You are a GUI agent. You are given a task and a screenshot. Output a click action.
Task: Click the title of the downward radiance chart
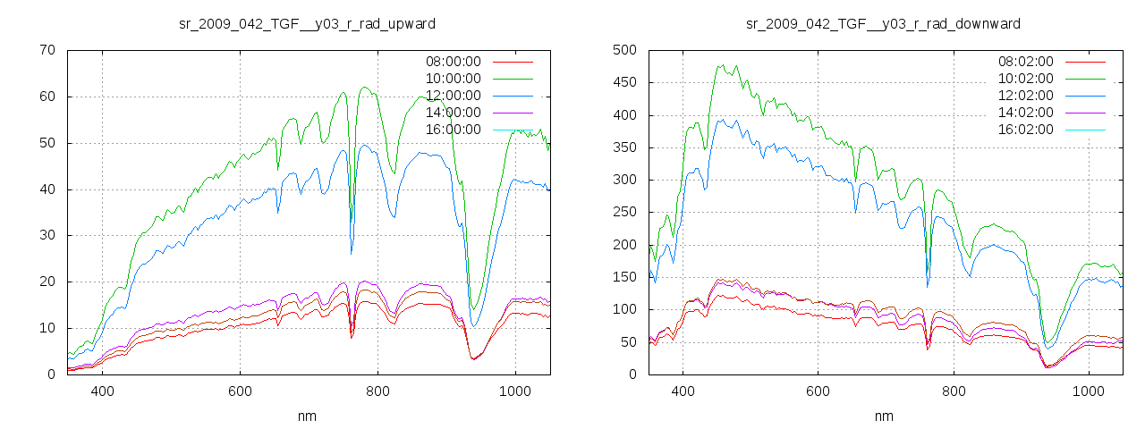[x=883, y=23]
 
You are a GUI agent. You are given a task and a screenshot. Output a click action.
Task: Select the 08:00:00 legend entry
[x=453, y=62]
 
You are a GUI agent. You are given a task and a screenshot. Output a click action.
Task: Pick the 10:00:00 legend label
[x=453, y=79]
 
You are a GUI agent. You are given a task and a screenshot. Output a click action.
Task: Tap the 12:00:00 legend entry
[x=453, y=96]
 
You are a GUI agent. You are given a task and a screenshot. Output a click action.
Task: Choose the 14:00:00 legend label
[x=453, y=113]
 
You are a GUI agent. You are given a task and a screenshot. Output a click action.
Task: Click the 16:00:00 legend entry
[x=453, y=130]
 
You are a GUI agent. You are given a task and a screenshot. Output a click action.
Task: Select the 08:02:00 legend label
[x=1026, y=62]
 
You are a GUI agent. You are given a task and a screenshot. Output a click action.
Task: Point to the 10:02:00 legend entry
[x=1026, y=79]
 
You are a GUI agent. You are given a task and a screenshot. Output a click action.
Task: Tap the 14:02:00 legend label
[x=1026, y=113]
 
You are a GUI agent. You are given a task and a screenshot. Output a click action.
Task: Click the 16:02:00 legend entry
[x=1026, y=130]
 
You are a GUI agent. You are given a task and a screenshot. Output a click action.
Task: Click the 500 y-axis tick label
[x=624, y=50]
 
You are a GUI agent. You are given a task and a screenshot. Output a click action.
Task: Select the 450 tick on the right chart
[x=624, y=83]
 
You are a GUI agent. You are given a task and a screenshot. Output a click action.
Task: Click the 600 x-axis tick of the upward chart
[x=240, y=391]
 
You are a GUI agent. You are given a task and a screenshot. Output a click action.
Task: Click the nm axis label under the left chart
[x=308, y=416]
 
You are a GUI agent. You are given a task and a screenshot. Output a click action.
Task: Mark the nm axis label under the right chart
[x=883, y=416]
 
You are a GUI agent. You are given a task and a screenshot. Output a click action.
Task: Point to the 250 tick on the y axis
[x=624, y=213]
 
